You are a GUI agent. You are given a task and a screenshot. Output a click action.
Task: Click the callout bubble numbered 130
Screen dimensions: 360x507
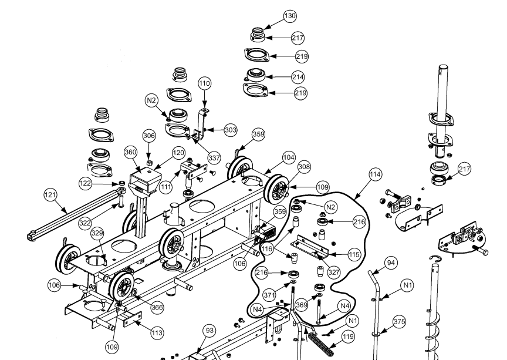[290, 16]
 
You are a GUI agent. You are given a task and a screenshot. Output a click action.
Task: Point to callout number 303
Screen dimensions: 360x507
[229, 129]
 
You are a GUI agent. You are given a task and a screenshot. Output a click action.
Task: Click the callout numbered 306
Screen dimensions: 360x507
[149, 136]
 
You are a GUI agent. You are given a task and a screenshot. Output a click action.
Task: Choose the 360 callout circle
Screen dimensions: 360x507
[130, 152]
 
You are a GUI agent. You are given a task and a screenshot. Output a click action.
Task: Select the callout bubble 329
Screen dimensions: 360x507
[97, 233]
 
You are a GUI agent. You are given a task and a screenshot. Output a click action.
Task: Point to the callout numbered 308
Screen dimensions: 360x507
[303, 167]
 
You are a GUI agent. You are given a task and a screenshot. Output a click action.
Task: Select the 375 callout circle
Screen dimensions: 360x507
[399, 322]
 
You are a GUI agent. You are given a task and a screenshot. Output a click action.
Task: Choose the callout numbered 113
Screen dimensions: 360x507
[157, 333]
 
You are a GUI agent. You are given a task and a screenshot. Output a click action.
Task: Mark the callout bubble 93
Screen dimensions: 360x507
[209, 331]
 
